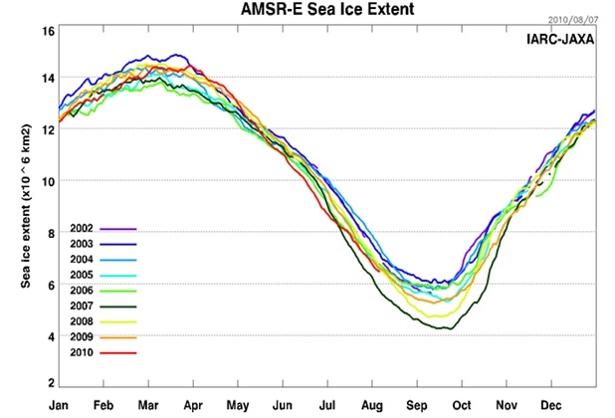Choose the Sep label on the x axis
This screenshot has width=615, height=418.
417,405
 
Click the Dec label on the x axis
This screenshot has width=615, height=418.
551,405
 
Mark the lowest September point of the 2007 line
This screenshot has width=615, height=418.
450,328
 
